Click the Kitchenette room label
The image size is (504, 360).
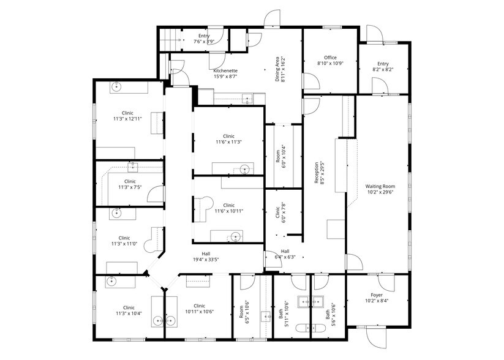(225, 74)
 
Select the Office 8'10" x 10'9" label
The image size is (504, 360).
(330, 61)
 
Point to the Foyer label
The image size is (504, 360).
(376, 298)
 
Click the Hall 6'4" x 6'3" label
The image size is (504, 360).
(285, 254)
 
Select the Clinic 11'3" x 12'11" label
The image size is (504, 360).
(127, 116)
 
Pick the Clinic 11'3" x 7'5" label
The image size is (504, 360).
(130, 184)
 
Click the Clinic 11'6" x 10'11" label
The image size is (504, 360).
(228, 208)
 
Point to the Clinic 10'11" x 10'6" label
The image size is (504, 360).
(199, 309)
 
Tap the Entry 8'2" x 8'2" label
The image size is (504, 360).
(383, 67)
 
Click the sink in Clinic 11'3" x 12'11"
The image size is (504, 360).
(116, 87)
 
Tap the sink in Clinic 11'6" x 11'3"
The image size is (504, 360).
(244, 169)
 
